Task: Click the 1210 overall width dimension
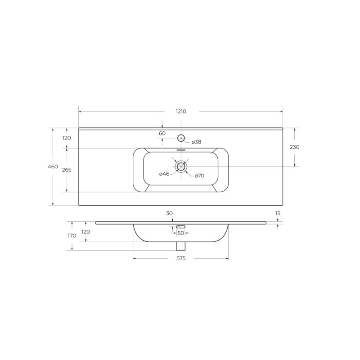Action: click(x=181, y=112)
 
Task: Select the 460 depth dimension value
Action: click(x=53, y=166)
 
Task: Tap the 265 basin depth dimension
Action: click(x=67, y=170)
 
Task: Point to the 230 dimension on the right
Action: click(x=295, y=147)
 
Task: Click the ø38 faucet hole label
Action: click(x=197, y=142)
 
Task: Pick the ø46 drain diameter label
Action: click(x=164, y=174)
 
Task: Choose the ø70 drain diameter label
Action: click(x=199, y=176)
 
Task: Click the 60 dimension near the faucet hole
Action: click(x=162, y=133)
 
